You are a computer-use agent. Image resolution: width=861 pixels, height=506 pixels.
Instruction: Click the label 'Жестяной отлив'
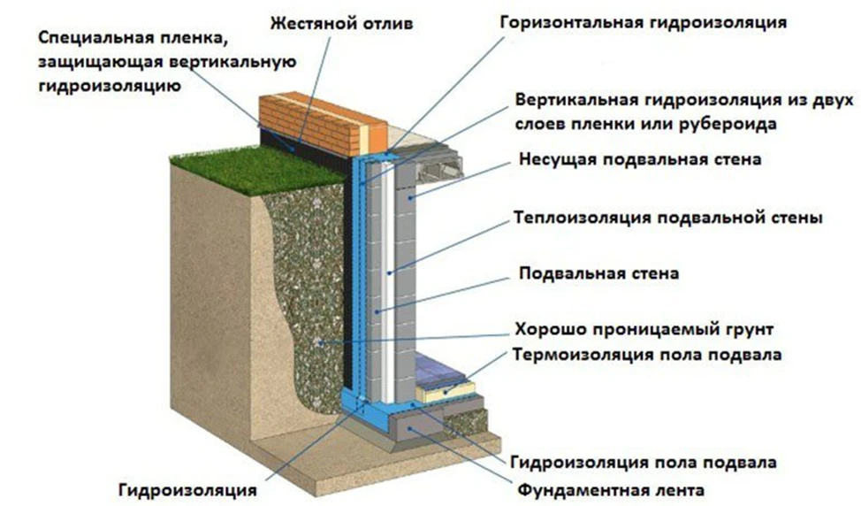coord(341,24)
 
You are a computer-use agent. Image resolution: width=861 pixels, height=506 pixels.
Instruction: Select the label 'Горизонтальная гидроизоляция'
coord(643,23)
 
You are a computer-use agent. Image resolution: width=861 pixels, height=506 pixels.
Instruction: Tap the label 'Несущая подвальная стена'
coord(640,159)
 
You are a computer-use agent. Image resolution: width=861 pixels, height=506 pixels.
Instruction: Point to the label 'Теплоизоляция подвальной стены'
coord(668,218)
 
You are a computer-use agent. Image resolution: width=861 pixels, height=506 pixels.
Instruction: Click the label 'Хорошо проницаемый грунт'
coord(644,330)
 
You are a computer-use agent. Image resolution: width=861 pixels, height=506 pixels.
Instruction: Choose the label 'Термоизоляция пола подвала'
coord(647,355)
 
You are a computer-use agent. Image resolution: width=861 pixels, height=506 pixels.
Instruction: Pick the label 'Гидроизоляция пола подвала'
coord(644,462)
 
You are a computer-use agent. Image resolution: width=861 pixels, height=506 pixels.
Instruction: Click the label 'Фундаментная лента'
coord(611,489)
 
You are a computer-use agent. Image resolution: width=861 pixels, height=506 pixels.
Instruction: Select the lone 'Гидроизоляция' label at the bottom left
coord(187,490)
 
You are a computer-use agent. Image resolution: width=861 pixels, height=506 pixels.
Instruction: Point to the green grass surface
coord(258,167)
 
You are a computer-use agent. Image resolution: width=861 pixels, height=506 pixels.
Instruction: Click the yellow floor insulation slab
coord(446,392)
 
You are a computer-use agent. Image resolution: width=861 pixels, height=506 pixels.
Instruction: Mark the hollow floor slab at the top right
coord(439,166)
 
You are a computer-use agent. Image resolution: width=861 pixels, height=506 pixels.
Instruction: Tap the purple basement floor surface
coord(439,367)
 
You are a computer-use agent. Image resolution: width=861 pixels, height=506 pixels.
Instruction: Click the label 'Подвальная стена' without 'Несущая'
coord(598,273)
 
